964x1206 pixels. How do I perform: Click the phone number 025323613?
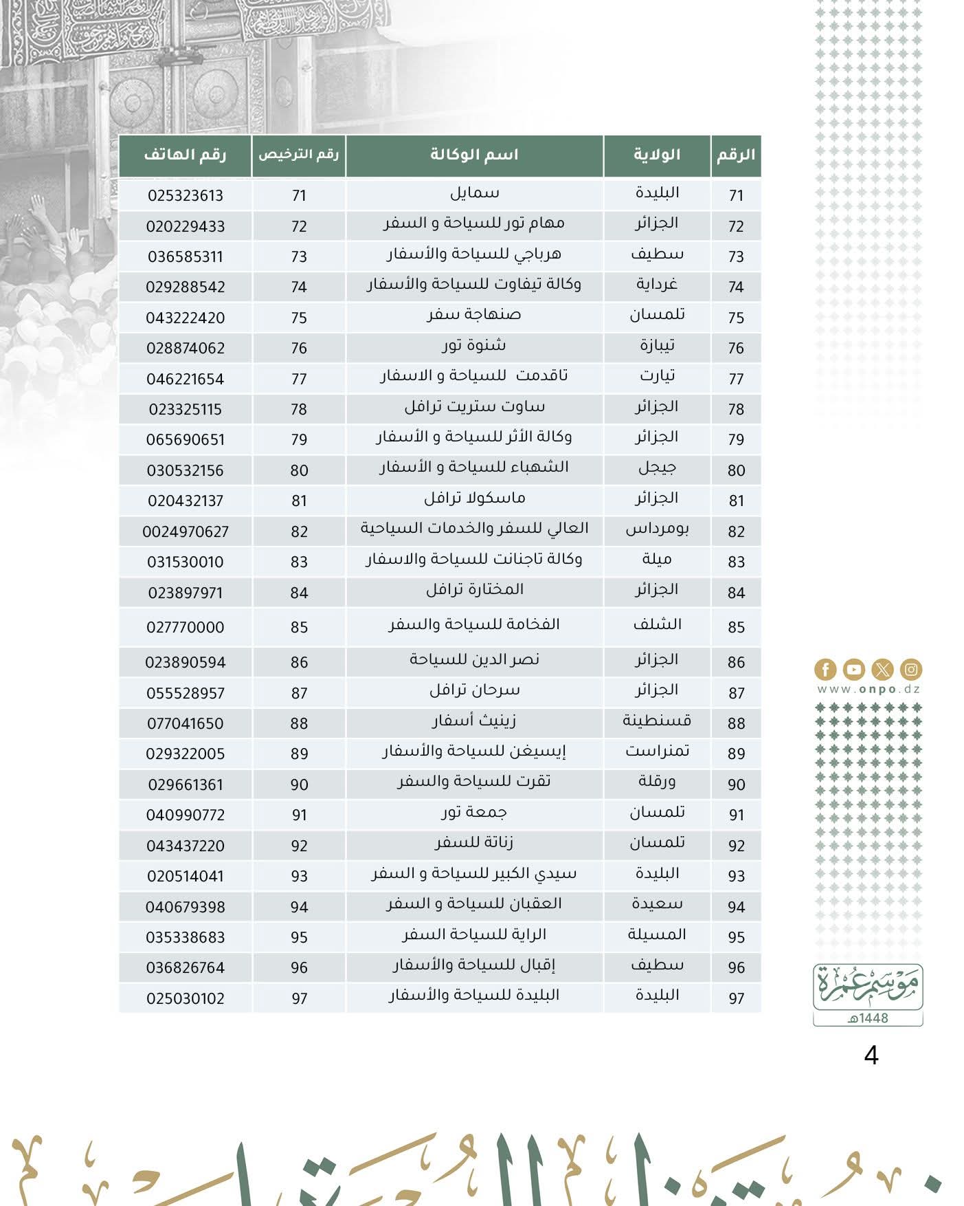[186, 196]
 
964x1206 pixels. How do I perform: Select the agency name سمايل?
[474, 193]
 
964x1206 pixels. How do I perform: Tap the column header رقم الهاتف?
[185, 155]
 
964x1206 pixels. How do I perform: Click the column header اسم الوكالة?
[474, 155]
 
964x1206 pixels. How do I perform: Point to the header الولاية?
[656, 155]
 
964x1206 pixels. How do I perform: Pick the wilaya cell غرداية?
[657, 285]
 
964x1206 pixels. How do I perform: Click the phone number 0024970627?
[186, 531]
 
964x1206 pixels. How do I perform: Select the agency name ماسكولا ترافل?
[474, 498]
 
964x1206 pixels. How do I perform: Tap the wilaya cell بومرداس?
[657, 529]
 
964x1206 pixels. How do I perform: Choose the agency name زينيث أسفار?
[474, 721]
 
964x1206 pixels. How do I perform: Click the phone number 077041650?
[186, 723]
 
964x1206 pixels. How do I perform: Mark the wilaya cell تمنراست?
[657, 752]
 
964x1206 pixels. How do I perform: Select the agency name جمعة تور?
[474, 813]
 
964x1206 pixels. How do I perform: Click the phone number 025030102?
[186, 998]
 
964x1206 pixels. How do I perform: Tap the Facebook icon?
[825, 669]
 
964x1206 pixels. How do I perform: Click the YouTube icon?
[853, 669]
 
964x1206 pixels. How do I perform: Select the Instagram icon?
[911, 669]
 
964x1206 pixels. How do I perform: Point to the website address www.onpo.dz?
[868, 689]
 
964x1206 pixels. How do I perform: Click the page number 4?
[871, 1055]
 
